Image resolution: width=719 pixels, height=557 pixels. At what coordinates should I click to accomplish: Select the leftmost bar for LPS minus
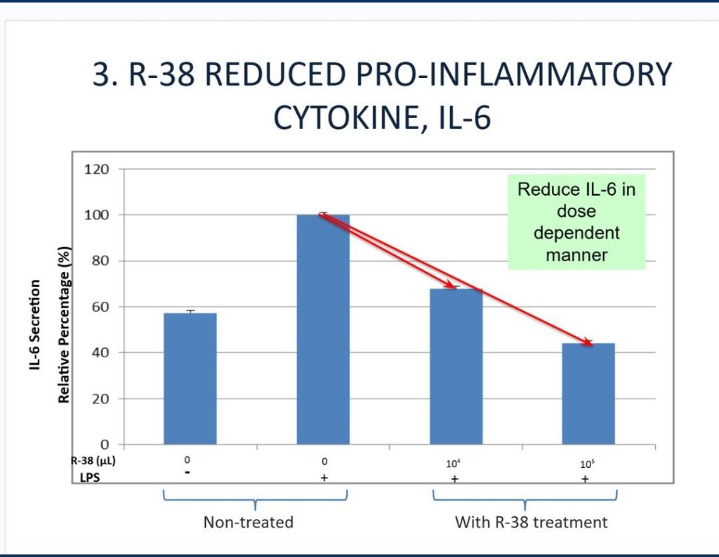point(190,378)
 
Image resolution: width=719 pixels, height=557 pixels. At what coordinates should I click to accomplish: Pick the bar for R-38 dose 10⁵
point(588,393)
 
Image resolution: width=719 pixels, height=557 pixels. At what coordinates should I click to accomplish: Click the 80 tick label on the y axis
point(103,261)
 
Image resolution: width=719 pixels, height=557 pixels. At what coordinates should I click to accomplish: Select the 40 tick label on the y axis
point(103,353)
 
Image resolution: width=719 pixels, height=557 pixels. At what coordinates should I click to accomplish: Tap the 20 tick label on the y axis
point(103,398)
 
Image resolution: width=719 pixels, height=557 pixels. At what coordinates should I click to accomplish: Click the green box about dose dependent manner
point(576,222)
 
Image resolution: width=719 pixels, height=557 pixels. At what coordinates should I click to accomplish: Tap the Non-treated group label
point(248,522)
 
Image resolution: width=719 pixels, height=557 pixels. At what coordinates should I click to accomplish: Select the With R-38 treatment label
point(531,522)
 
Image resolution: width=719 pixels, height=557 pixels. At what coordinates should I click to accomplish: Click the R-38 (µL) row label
point(93,460)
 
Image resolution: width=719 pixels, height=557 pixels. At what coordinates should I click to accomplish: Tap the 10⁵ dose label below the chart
point(586,462)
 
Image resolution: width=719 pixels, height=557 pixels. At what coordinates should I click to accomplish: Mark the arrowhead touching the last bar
point(589,342)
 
